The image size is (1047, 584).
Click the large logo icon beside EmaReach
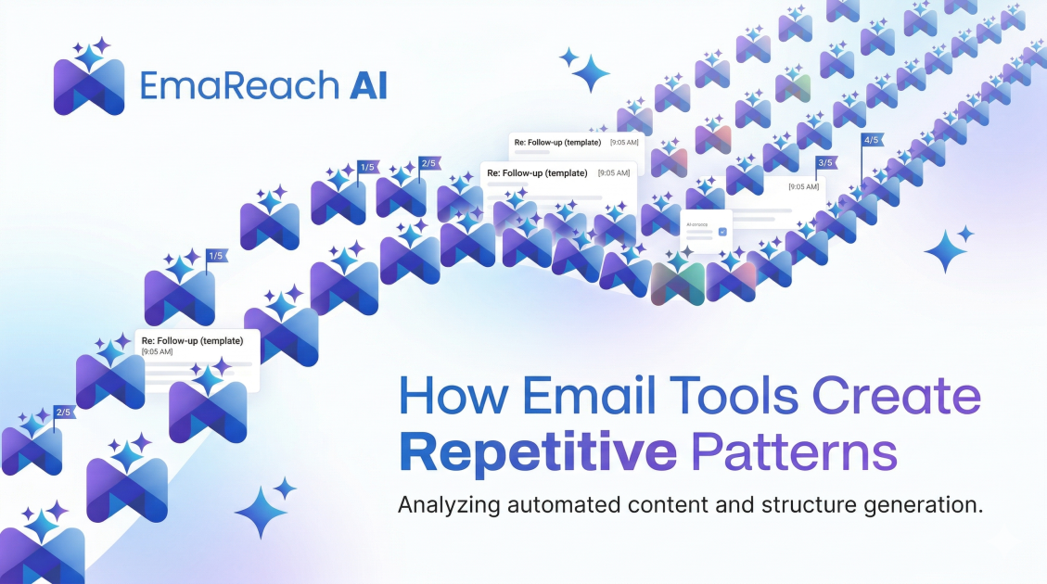coord(89,81)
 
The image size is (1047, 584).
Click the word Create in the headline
coord(896,396)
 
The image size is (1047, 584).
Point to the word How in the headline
coord(453,396)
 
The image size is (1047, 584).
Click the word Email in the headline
coord(585,396)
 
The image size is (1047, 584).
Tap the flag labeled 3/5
coord(824,164)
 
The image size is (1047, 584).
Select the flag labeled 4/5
coord(871,141)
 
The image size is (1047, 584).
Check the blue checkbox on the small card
coord(722,231)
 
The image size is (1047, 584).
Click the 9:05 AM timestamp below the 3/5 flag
coord(803,186)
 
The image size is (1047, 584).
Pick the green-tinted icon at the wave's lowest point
coord(678,282)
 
